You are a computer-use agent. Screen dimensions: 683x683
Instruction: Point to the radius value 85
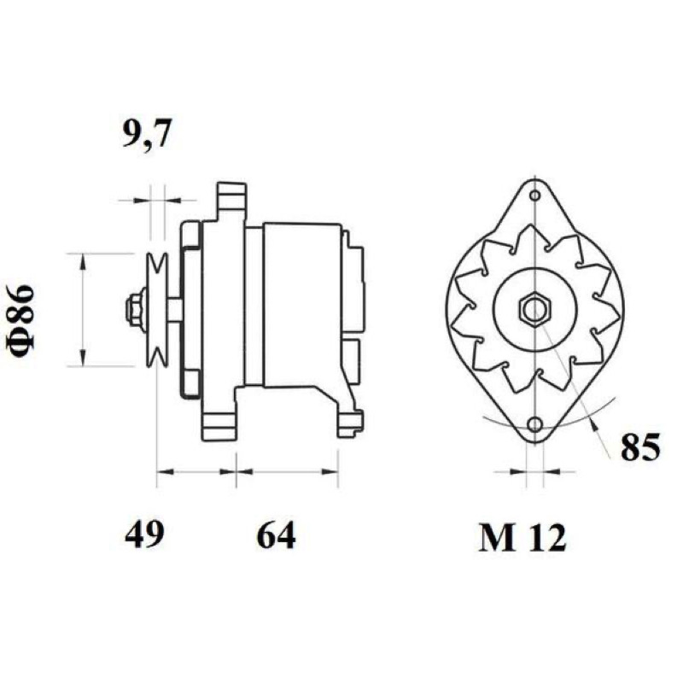(x=640, y=446)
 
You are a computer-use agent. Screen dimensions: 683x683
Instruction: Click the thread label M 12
(x=522, y=538)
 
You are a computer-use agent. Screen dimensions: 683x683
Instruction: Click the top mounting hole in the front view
(x=535, y=196)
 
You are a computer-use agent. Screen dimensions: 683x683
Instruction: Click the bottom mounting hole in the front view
(x=535, y=423)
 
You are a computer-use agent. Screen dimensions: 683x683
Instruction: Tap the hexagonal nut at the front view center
(x=535, y=310)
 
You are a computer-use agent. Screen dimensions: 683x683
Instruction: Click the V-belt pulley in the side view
(x=157, y=310)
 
